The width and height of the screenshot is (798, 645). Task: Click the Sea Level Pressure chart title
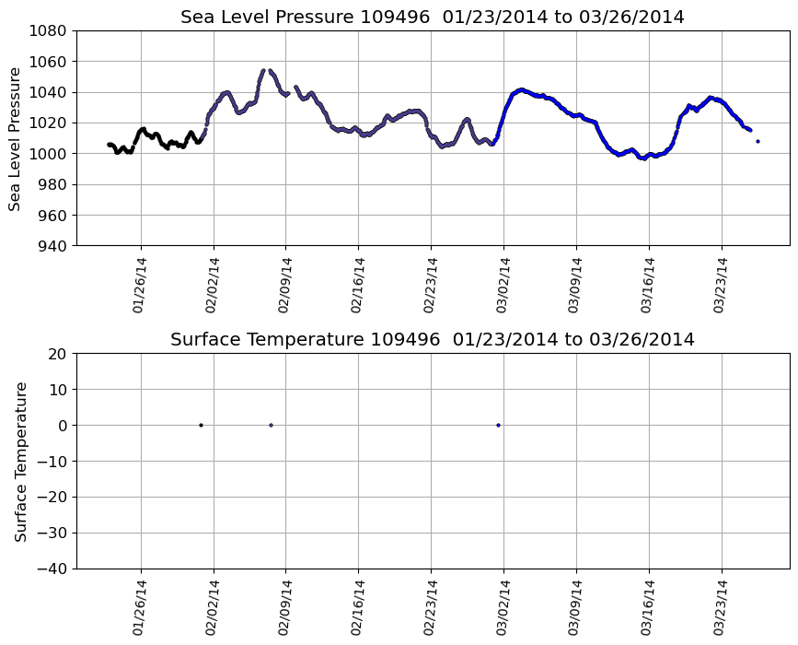(x=433, y=18)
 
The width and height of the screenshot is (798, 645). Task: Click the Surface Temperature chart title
(x=433, y=340)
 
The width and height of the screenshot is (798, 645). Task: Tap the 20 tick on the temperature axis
(x=60, y=354)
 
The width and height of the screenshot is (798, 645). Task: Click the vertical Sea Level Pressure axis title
(x=15, y=138)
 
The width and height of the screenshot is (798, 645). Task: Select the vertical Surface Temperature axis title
(x=20, y=461)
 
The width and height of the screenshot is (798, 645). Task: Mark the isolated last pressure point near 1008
(x=758, y=141)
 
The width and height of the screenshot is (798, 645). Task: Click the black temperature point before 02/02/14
(x=201, y=425)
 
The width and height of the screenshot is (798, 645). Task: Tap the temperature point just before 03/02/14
(x=498, y=425)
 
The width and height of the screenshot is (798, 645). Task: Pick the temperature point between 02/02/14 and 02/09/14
(x=271, y=425)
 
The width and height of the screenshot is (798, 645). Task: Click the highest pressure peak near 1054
(x=263, y=70)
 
